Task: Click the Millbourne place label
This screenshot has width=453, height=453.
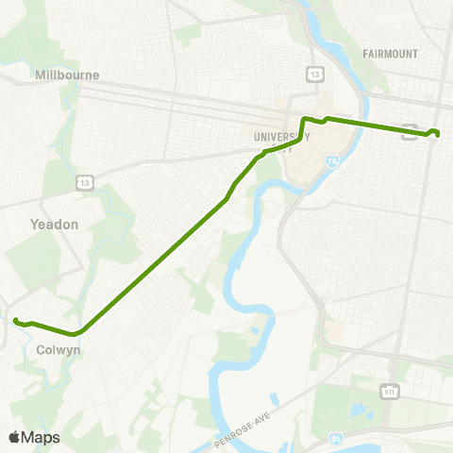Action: tap(66, 75)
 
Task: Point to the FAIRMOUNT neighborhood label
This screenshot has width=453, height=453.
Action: tap(390, 54)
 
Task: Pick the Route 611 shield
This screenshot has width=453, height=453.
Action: tap(390, 391)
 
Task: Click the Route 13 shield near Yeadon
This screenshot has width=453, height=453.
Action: tap(86, 181)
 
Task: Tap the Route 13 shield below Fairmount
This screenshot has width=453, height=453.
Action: tap(314, 74)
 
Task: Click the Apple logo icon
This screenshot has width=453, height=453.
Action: tap(15, 437)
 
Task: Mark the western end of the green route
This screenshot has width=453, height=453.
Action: tap(15, 321)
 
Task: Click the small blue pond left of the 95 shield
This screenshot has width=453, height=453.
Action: tap(359, 411)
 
